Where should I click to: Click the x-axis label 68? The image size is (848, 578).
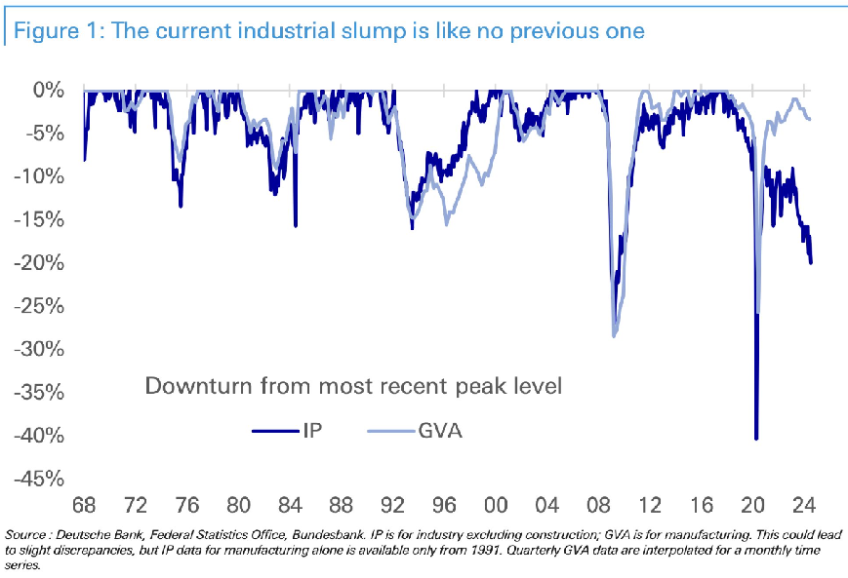(x=84, y=507)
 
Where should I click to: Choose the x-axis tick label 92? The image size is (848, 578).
(x=392, y=507)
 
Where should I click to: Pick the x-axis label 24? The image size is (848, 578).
(x=803, y=507)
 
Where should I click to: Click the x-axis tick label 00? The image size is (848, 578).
(x=495, y=507)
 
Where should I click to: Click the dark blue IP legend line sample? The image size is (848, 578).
(x=272, y=430)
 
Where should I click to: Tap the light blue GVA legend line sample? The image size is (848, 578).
(x=386, y=430)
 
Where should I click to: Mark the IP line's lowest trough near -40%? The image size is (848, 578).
(x=756, y=438)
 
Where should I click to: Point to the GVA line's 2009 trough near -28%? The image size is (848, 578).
(x=614, y=335)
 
